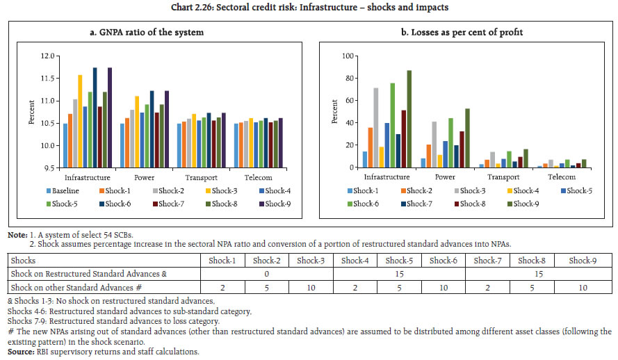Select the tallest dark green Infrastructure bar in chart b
pos(409,119)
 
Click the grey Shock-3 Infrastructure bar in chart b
pos(376,127)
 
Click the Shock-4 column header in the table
pos(355,260)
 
